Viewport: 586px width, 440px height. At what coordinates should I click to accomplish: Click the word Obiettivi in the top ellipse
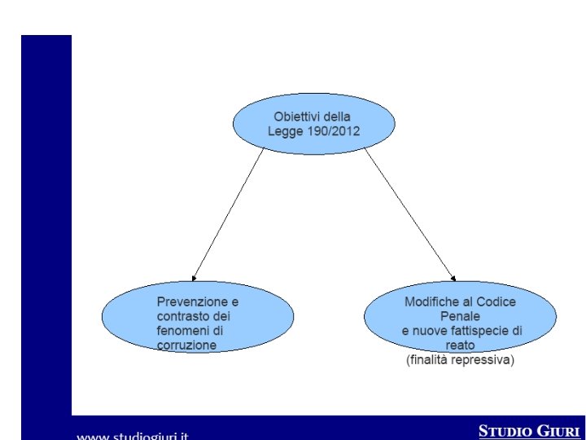click(x=295, y=117)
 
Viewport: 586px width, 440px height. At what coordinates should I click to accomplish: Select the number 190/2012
click(x=331, y=131)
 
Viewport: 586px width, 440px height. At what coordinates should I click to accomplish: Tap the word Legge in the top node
click(x=284, y=131)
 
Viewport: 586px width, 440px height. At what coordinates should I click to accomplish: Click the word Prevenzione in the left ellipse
click(x=190, y=301)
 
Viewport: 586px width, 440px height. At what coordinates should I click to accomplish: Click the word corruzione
click(x=186, y=345)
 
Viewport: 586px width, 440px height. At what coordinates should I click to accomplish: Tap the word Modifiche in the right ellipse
click(x=430, y=301)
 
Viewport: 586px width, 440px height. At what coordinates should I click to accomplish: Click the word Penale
click(x=460, y=316)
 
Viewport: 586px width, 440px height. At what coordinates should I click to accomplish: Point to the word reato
click(x=460, y=345)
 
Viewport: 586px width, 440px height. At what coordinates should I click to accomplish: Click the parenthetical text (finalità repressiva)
click(x=460, y=359)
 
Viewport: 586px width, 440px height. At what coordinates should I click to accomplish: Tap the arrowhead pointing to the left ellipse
click(x=194, y=278)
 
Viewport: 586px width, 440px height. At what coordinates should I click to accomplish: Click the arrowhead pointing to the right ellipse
click(x=453, y=278)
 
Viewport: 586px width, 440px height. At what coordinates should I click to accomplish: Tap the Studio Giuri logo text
click(x=530, y=430)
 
